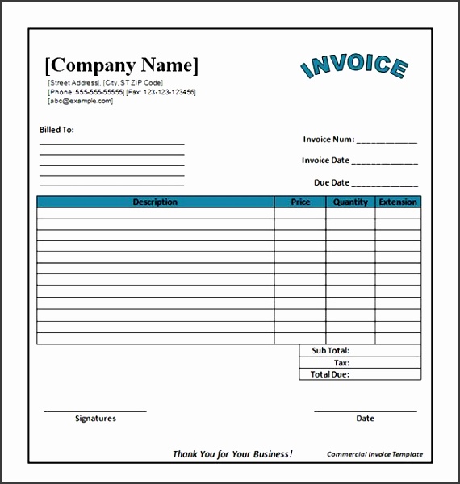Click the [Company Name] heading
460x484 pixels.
point(121,65)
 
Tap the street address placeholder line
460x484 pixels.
point(105,83)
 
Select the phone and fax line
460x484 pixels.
point(121,92)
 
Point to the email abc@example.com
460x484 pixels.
point(81,101)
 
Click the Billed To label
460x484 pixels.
point(56,130)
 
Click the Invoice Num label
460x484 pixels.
point(328,140)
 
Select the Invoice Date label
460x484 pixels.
point(326,161)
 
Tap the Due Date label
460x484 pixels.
point(332,182)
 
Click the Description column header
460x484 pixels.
point(155,202)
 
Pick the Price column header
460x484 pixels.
point(300,202)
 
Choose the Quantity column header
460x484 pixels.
point(351,202)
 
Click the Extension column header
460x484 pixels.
point(398,202)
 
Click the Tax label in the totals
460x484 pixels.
point(341,363)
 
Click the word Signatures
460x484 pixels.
point(95,419)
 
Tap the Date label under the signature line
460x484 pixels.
point(365,419)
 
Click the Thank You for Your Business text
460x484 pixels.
point(232,454)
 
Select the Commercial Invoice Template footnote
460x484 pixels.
point(374,454)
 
